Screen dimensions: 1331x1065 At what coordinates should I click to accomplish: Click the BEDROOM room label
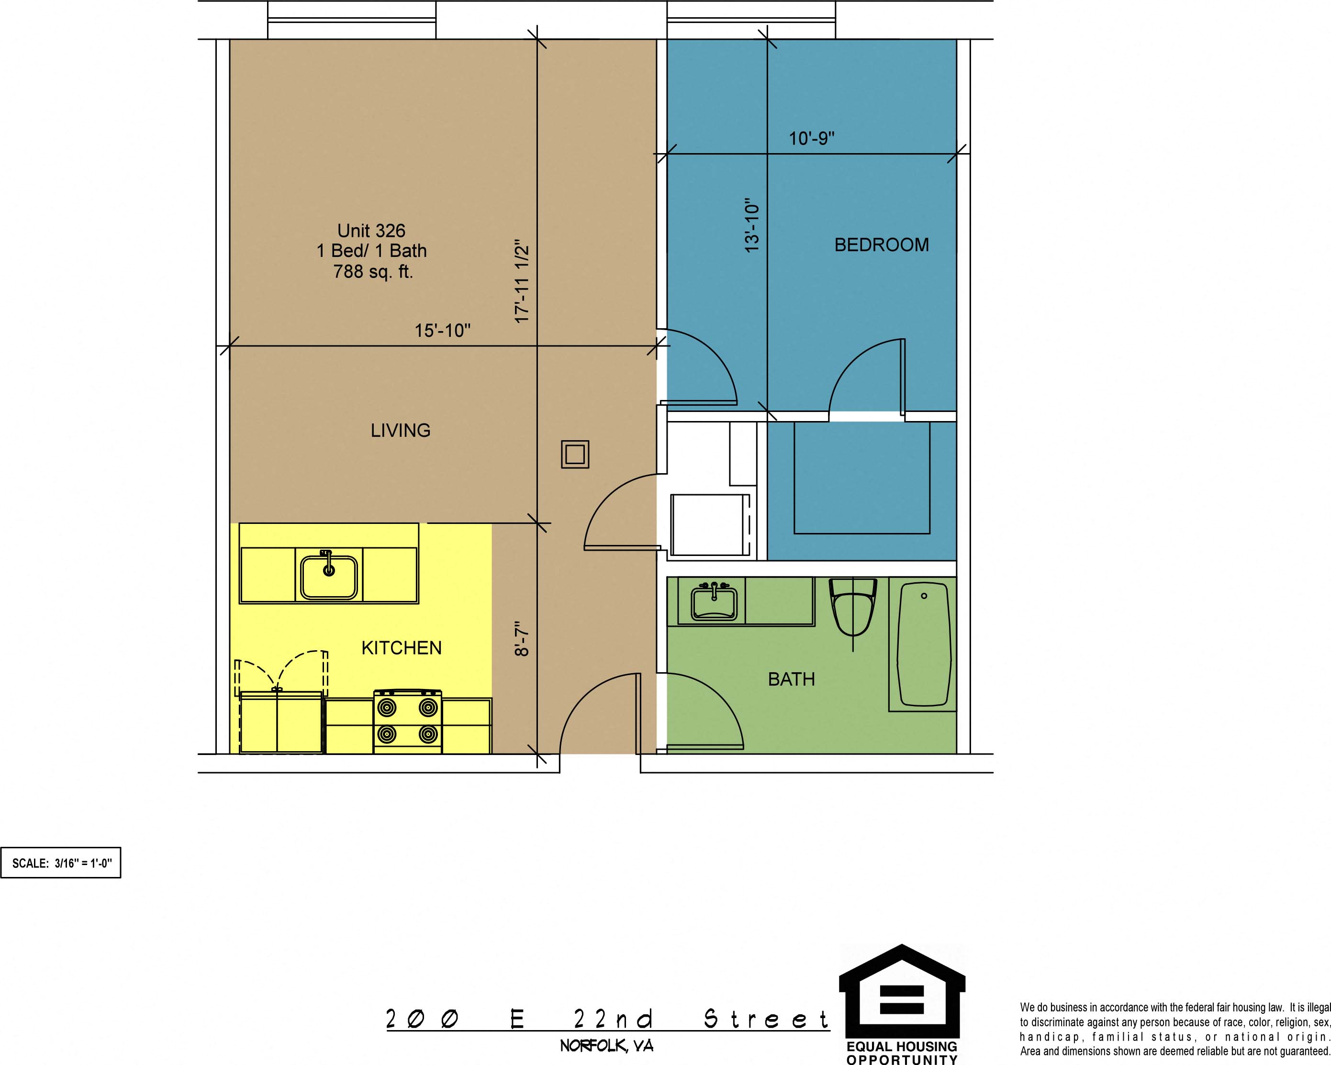[882, 245]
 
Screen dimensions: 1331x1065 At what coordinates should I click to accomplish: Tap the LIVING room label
[401, 430]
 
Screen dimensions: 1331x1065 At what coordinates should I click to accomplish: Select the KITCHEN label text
[401, 648]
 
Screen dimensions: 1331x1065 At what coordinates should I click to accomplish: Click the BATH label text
[792, 679]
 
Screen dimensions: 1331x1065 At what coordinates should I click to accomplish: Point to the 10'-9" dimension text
[811, 138]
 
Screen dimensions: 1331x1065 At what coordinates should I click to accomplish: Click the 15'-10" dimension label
[442, 331]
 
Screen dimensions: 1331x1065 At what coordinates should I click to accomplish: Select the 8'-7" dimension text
[522, 639]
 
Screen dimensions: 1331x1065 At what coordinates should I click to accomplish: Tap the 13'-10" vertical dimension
[751, 225]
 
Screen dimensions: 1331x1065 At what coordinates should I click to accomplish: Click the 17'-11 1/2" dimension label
[522, 281]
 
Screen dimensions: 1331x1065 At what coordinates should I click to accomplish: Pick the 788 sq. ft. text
[373, 271]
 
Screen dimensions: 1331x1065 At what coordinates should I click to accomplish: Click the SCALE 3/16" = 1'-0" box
[61, 863]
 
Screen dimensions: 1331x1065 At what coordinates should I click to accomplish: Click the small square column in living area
[575, 455]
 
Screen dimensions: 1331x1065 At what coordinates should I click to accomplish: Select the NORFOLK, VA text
[607, 1046]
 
